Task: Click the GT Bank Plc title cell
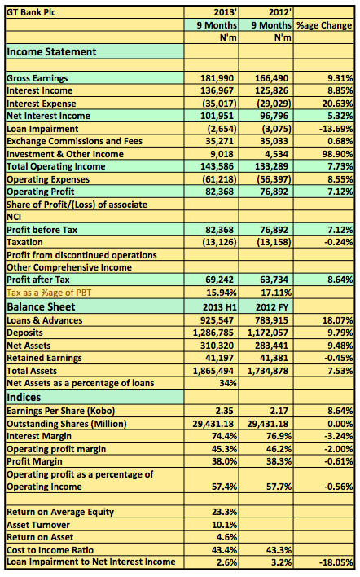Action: [31, 12]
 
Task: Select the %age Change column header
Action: [324, 25]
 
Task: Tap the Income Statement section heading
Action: [51, 52]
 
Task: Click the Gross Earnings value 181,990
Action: [217, 78]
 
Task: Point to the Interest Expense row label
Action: [42, 104]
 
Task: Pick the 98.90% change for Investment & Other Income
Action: [337, 154]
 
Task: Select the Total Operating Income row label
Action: [56, 167]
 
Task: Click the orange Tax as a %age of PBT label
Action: [49, 293]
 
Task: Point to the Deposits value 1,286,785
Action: [213, 333]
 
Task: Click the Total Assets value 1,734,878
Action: [268, 371]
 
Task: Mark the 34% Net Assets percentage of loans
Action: [228, 383]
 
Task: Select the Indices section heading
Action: [24, 398]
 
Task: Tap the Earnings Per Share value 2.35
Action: [224, 411]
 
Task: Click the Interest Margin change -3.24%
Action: [339, 437]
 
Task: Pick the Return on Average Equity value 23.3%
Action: [224, 513]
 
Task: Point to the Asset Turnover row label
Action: [38, 525]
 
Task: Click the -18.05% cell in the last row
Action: [336, 562]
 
